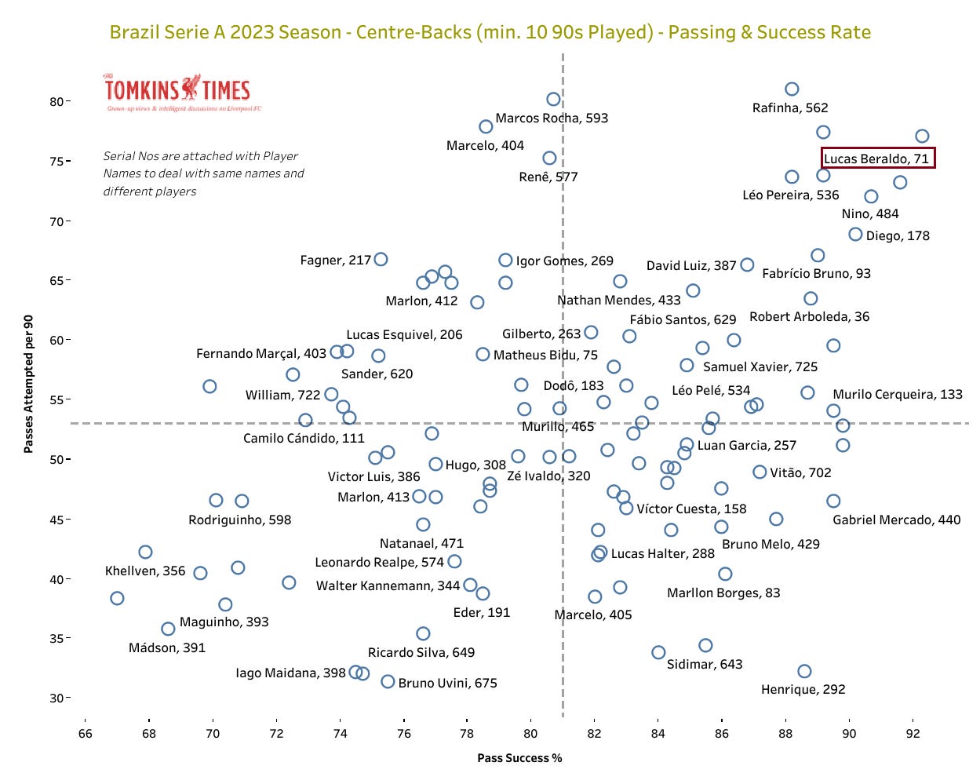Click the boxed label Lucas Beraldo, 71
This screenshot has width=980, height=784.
click(x=877, y=159)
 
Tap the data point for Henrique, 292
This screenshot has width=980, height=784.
click(x=804, y=671)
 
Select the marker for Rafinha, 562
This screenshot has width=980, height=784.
click(x=792, y=89)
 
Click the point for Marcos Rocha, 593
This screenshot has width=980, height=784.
click(x=553, y=100)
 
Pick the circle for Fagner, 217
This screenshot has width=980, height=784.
click(x=381, y=260)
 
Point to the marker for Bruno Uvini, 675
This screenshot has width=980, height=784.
click(x=388, y=682)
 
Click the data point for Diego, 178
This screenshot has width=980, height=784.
click(x=855, y=235)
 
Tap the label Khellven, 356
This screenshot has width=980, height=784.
click(x=145, y=571)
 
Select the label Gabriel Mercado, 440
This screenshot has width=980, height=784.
click(x=896, y=520)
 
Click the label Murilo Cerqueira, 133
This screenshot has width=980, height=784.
click(x=897, y=394)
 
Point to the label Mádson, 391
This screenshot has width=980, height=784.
click(x=167, y=648)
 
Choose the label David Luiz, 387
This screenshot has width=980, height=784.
click(x=691, y=266)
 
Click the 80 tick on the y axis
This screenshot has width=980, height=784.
click(x=56, y=102)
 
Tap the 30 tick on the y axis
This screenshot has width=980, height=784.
click(x=56, y=698)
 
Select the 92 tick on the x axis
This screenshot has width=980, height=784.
click(x=913, y=734)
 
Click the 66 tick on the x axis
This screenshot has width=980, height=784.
click(x=85, y=734)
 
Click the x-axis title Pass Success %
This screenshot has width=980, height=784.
click(x=519, y=758)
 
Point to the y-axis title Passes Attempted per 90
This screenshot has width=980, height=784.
click(x=29, y=384)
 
